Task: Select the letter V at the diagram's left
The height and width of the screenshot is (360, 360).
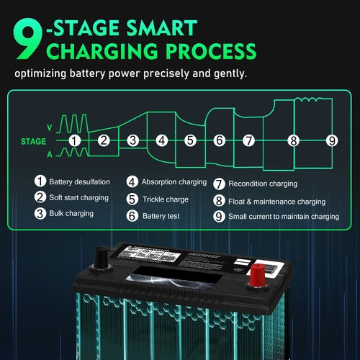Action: pos(49,127)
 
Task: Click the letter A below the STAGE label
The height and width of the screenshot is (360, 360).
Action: pos(49,154)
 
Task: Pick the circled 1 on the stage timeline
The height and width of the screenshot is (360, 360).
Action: pos(74,140)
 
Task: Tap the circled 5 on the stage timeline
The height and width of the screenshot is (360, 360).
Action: pos(190,140)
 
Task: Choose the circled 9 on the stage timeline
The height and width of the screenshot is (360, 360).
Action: pos(331,140)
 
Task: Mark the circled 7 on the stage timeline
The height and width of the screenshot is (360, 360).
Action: pos(248,140)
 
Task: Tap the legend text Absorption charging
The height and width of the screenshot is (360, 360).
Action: pos(174,182)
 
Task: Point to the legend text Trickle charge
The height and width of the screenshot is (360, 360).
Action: pos(166,199)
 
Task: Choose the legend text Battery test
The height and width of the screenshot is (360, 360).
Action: pos(162,215)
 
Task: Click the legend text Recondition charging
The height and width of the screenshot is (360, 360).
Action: pos(262,184)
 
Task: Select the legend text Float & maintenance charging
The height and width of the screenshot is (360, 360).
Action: pos(276,202)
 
